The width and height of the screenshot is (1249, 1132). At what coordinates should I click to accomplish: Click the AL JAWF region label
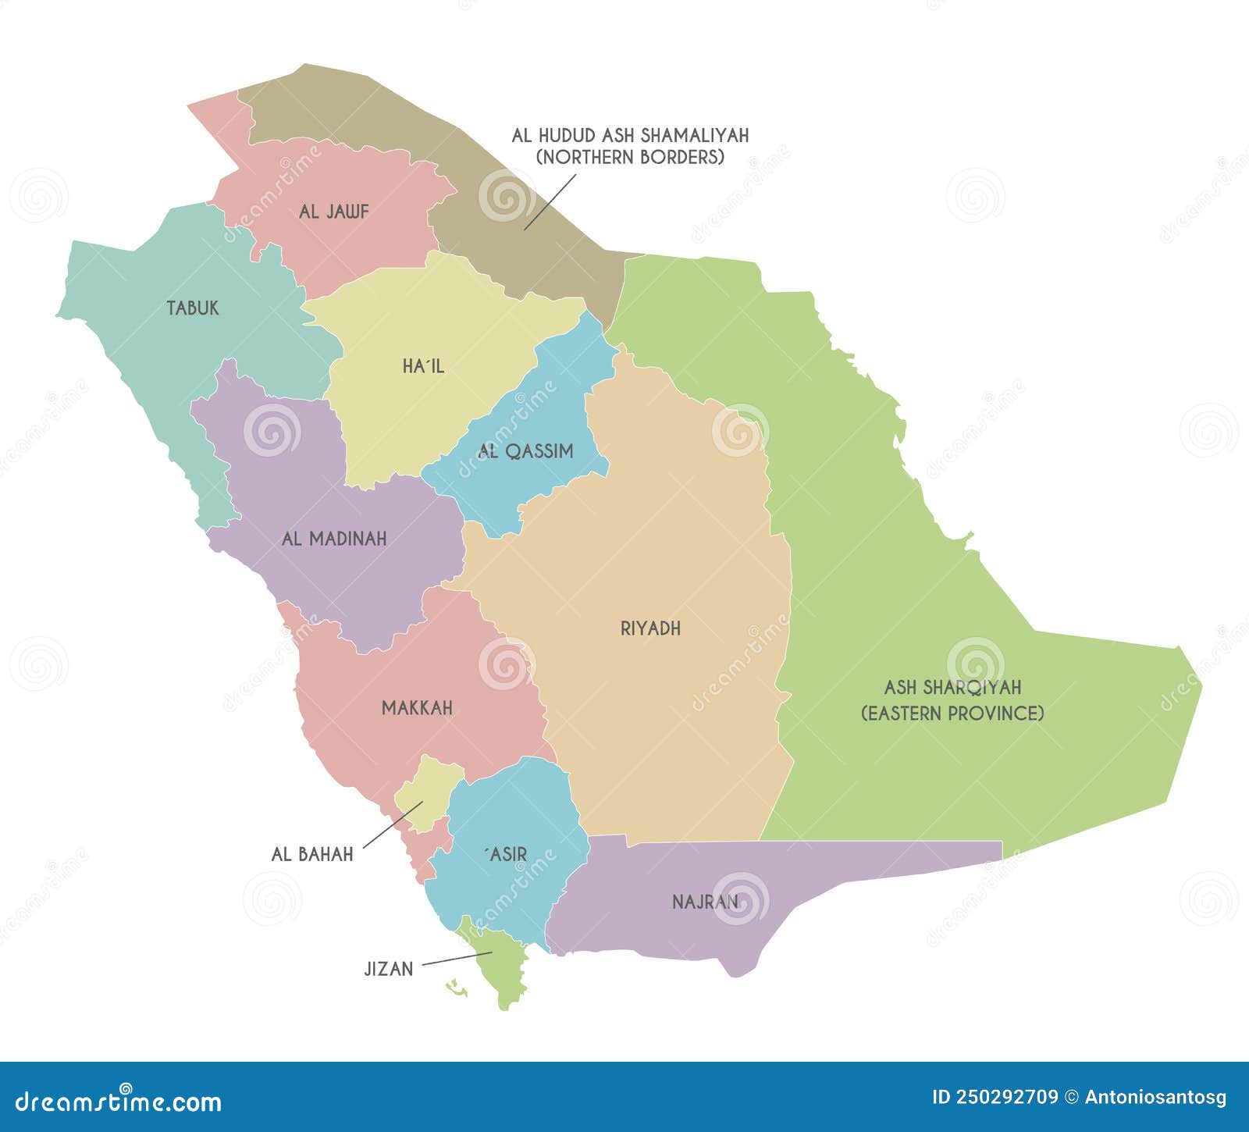(x=333, y=212)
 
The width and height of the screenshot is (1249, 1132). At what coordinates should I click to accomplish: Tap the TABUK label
(x=193, y=308)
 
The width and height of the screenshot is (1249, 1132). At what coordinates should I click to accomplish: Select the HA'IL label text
(x=423, y=365)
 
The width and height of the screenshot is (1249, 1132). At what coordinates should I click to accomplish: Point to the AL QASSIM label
(x=526, y=450)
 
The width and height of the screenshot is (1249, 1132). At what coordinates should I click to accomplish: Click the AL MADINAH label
(x=334, y=538)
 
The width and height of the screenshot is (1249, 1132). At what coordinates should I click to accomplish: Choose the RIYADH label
(x=650, y=628)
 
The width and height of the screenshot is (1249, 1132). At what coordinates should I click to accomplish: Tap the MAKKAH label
(x=417, y=708)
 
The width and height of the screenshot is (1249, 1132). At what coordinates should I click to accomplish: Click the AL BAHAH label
(x=312, y=854)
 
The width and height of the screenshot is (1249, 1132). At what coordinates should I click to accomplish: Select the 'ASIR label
(x=506, y=854)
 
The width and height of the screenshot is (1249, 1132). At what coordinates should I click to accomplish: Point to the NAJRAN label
(x=705, y=902)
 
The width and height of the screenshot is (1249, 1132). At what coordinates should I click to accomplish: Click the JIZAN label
(x=388, y=969)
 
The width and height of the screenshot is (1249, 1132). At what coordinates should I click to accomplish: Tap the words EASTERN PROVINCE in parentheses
(x=952, y=713)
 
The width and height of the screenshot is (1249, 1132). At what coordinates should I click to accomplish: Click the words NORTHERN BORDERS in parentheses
(x=630, y=157)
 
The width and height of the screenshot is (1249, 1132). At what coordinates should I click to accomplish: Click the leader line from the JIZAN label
(x=457, y=959)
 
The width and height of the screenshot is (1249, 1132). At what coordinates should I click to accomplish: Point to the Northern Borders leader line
(x=550, y=202)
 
